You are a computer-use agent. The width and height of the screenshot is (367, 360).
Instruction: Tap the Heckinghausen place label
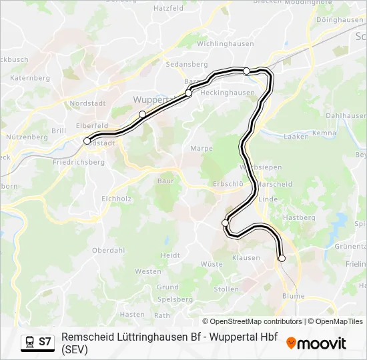coord(228,93)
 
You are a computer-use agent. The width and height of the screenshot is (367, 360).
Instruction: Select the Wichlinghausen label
coord(226,44)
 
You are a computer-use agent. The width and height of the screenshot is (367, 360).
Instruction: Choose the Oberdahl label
coord(108,251)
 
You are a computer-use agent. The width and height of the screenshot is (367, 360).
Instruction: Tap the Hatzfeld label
coord(168,9)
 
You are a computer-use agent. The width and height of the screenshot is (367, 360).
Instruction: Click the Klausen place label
coord(246,257)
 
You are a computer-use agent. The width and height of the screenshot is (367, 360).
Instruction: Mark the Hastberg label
coord(299,218)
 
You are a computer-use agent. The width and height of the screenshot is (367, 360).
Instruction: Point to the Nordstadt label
coord(87,103)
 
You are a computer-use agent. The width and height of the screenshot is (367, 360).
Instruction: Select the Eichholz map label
coord(116,198)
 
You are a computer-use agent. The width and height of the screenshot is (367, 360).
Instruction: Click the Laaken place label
coord(296,137)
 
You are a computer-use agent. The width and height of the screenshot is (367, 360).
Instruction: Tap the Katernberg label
coord(31,78)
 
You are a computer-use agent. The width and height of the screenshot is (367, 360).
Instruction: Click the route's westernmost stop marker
coord(87,141)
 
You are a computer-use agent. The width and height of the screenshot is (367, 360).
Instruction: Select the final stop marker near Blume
coord(282,258)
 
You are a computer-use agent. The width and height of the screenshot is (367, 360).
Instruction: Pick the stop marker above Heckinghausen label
coord(247,71)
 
